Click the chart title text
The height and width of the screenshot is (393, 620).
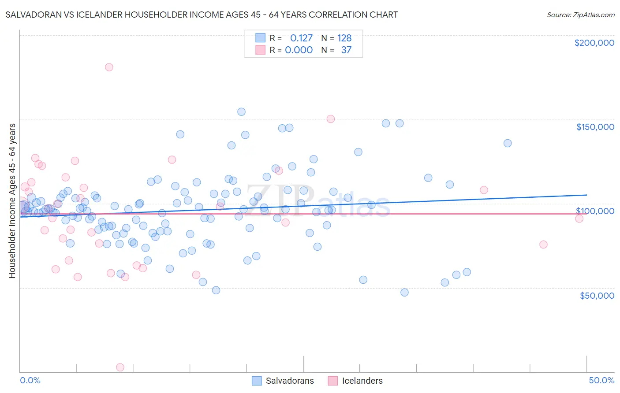tap(202, 15)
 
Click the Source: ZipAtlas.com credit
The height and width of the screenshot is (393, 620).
tap(580, 15)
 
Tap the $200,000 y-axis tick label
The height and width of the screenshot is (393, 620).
tap(594, 43)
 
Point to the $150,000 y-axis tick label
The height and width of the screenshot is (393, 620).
tap(595, 127)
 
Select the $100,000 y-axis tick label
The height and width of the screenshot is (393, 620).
tap(595, 211)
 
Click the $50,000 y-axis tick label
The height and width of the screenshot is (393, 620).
tap(597, 295)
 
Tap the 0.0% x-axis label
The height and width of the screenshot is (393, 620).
tap(30, 380)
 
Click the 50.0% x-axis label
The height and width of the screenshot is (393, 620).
tap(601, 380)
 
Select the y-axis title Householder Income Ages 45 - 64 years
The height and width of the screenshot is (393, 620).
tap(12, 201)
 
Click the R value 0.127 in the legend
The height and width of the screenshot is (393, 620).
tap(301, 38)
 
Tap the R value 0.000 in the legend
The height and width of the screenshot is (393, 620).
tap(299, 50)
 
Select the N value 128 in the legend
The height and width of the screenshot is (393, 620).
tap(344, 38)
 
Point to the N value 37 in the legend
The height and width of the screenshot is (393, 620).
tap(346, 50)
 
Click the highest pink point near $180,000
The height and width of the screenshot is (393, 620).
tap(109, 67)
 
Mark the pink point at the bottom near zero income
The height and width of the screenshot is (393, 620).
tap(120, 367)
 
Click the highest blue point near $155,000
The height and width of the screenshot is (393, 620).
tap(241, 112)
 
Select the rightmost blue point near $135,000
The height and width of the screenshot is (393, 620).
tap(508, 143)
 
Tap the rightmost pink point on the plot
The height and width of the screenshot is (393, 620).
tap(579, 219)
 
